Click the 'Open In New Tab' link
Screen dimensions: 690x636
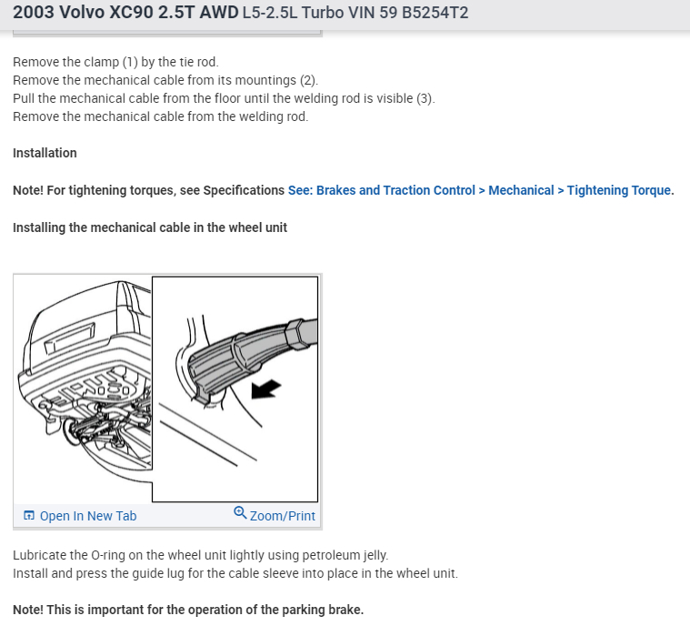click(88, 516)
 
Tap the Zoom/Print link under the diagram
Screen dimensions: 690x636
click(283, 516)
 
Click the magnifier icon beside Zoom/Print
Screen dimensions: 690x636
click(240, 513)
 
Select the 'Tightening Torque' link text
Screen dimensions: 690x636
click(619, 190)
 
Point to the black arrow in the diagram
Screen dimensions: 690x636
click(265, 389)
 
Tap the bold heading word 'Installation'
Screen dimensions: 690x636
click(45, 153)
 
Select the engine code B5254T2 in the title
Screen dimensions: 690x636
click(435, 13)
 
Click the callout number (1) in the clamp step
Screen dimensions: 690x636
click(130, 62)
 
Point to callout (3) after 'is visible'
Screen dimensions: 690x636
click(425, 98)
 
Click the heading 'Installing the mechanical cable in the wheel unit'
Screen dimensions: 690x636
click(150, 227)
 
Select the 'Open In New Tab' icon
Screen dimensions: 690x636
click(29, 515)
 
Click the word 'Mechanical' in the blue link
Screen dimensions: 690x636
click(521, 190)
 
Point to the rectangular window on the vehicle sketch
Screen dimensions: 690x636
click(69, 338)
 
